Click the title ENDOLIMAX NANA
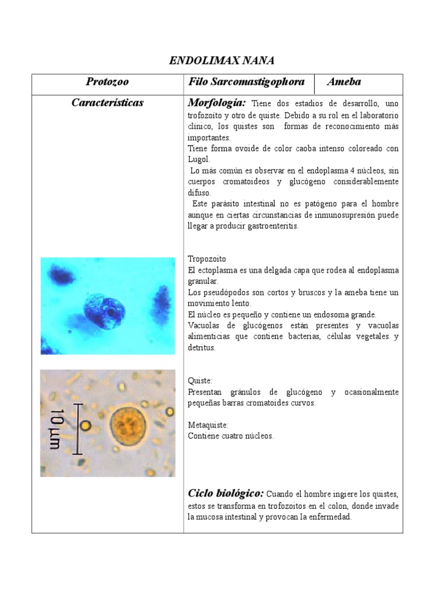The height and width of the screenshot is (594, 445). coord(222,60)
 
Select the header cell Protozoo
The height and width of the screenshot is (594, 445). coord(107,82)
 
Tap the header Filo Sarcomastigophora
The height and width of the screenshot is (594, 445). coord(247,82)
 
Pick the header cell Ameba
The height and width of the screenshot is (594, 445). coord(344,82)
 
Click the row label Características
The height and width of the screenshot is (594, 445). coord(107,103)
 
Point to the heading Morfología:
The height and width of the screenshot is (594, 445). coord(217,103)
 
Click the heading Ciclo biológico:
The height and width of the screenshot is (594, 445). coord(226,494)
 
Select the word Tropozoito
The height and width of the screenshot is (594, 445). coord(207,259)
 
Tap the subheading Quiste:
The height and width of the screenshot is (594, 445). coord(200,381)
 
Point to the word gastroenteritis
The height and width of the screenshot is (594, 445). coord(271,226)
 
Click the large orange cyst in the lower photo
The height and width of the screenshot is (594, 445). coord(132,428)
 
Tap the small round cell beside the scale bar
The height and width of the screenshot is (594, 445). coord(86,426)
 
